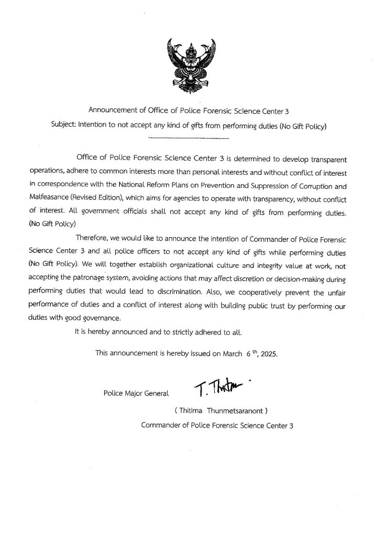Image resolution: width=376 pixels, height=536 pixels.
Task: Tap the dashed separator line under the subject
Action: click(189, 138)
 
